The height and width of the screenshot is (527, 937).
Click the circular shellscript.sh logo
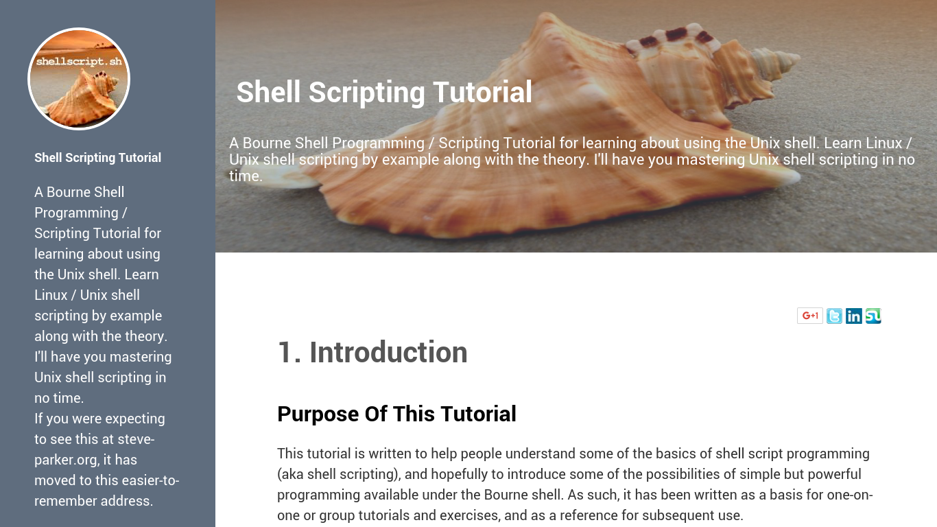point(79,79)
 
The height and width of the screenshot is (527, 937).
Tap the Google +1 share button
point(810,316)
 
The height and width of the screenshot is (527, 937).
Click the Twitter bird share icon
point(834,316)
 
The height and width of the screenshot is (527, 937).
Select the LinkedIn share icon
point(854,316)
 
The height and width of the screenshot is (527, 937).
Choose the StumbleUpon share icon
point(873,316)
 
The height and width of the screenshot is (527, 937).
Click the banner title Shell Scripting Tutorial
point(384,92)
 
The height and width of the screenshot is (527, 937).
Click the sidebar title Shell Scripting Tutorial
point(97,158)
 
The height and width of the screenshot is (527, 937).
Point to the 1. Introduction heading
point(372,352)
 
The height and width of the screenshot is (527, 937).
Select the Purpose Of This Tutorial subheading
point(396,414)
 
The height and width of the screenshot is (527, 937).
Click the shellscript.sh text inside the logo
point(79,61)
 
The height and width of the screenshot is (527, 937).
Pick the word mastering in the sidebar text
point(141,357)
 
